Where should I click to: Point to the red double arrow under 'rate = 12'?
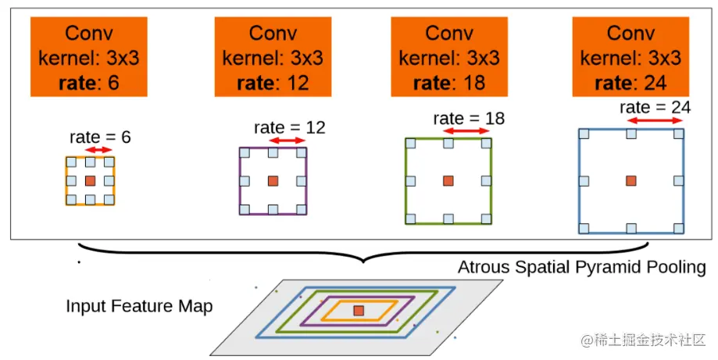287,140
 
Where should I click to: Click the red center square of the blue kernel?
630,181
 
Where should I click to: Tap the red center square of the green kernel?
448,181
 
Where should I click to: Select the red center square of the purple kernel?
273,181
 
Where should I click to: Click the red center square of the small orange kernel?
91,181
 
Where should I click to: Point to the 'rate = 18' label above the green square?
469,119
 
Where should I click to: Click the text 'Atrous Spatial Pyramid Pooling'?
581,268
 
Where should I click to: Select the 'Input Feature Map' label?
139,306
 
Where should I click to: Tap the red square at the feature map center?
358,311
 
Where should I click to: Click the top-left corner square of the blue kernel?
583,134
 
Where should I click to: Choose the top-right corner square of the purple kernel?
302,152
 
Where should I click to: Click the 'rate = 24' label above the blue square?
655,108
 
